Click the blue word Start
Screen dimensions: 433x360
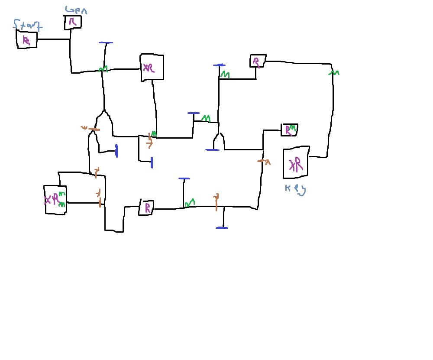[27, 25]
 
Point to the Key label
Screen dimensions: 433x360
[295, 189]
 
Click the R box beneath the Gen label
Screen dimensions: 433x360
[73, 22]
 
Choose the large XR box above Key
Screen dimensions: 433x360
[296, 163]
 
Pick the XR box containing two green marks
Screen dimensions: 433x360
[55, 200]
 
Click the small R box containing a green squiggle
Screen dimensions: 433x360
[289, 130]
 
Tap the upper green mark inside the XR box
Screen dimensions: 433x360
[62, 194]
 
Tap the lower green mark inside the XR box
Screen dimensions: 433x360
[61, 204]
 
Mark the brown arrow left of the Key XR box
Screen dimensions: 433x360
[264, 161]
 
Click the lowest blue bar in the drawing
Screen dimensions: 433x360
[222, 227]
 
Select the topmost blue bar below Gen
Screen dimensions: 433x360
[106, 42]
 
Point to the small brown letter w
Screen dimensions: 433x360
[84, 127]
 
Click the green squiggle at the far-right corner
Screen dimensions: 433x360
[333, 73]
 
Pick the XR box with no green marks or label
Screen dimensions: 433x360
[152, 67]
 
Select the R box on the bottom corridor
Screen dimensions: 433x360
[146, 208]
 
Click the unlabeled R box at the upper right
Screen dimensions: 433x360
[258, 61]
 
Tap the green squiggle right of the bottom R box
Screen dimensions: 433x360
[190, 202]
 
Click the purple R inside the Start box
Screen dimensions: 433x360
[26, 41]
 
